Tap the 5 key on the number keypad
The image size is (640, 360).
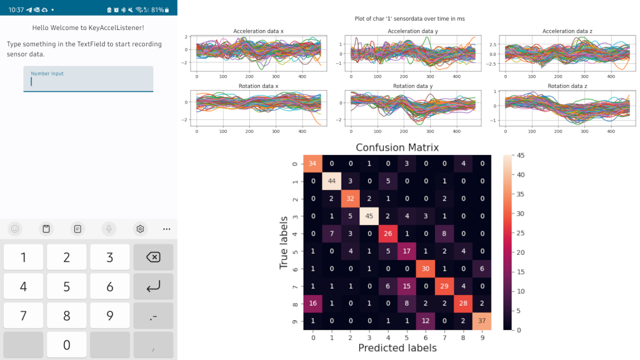click(66, 286)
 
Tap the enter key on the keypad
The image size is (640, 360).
click(152, 286)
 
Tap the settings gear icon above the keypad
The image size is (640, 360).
click(141, 229)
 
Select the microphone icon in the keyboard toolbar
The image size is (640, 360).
click(109, 229)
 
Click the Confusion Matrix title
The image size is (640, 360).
click(397, 148)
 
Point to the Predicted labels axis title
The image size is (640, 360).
click(397, 348)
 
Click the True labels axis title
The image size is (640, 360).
click(284, 242)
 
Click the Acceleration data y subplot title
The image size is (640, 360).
click(413, 31)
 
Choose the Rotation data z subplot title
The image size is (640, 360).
click(568, 86)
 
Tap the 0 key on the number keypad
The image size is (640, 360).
click(66, 344)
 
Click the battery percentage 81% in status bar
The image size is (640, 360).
click(157, 10)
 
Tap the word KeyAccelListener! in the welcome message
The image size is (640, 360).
click(116, 27)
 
